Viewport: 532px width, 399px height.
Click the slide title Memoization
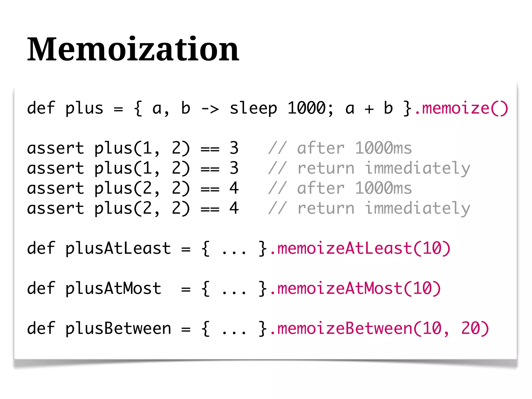coord(133,49)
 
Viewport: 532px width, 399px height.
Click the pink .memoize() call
coord(461,108)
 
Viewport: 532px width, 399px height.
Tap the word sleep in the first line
coord(253,109)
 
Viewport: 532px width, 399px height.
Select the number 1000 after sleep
coord(307,108)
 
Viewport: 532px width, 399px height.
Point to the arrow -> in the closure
coord(210,109)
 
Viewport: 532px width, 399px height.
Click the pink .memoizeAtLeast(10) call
coord(360,248)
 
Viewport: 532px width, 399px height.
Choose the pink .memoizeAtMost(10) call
coord(355,288)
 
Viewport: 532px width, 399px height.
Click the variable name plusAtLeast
coord(118,248)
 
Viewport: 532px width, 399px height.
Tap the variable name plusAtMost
coord(113,289)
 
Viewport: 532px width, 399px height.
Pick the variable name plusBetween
coord(118,328)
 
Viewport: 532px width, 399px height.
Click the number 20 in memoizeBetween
coord(470,328)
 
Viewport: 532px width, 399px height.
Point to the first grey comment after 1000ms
coord(340,148)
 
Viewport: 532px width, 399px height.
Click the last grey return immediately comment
coord(369,208)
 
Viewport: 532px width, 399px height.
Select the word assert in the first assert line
coord(56,148)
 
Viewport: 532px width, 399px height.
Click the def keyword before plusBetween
coord(41,328)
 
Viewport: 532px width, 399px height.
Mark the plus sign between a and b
coord(369,109)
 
